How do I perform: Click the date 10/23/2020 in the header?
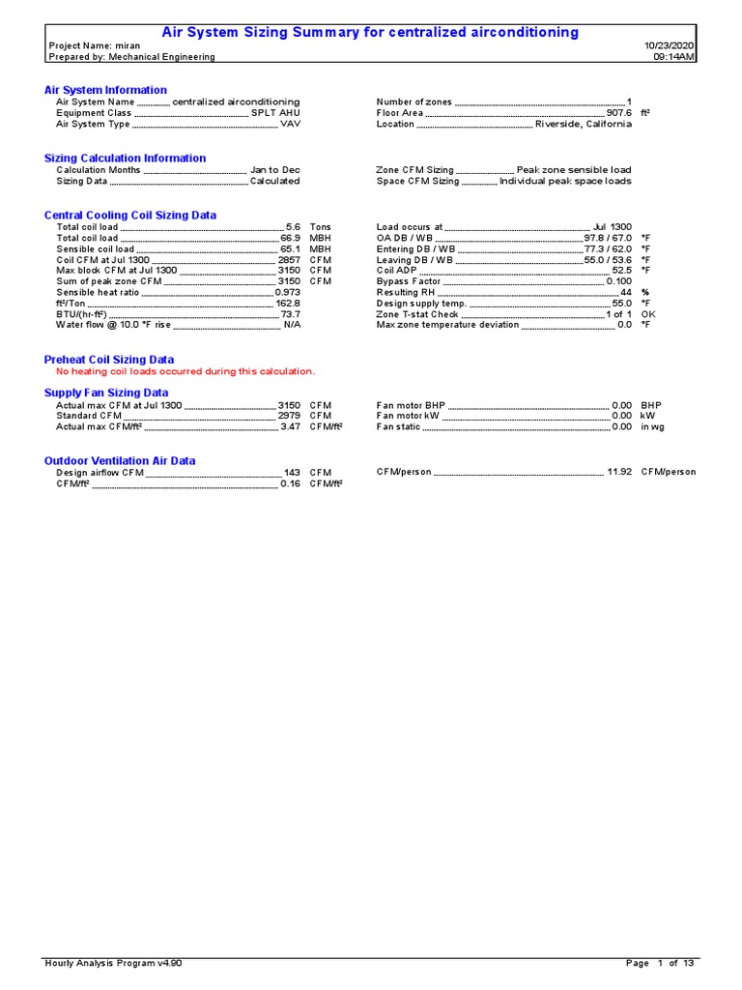pyautogui.click(x=670, y=45)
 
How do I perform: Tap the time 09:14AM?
pyautogui.click(x=674, y=57)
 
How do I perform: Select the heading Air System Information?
pyautogui.click(x=105, y=90)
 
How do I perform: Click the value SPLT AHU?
pyautogui.click(x=275, y=113)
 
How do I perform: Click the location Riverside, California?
pyautogui.click(x=584, y=125)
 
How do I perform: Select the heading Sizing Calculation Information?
pyautogui.click(x=125, y=158)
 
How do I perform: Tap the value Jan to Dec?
pyautogui.click(x=275, y=170)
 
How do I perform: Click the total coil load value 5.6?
pyautogui.click(x=294, y=227)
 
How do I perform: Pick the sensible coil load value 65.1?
pyautogui.click(x=291, y=249)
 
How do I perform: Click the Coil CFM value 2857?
pyautogui.click(x=290, y=260)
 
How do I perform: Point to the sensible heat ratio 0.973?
pyautogui.click(x=288, y=292)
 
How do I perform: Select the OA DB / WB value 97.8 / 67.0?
pyautogui.click(x=608, y=238)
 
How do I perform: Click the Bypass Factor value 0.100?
pyautogui.click(x=618, y=281)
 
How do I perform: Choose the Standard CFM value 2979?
pyautogui.click(x=290, y=416)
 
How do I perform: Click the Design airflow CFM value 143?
pyautogui.click(x=292, y=473)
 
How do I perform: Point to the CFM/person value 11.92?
pyautogui.click(x=619, y=473)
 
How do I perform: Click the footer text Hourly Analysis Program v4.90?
pyautogui.click(x=113, y=964)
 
